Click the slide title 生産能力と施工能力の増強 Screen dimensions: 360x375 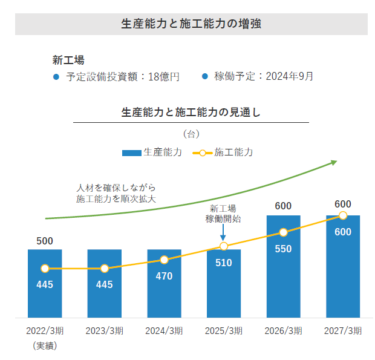pos(191,24)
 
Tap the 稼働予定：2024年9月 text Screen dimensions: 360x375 pos(264,77)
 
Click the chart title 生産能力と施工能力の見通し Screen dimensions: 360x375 pos(191,112)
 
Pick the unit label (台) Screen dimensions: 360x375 pos(191,133)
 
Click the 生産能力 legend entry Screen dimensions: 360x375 pos(152,152)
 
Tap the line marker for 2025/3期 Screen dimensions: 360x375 pos(224,246)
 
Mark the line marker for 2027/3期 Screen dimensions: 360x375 pos(343,215)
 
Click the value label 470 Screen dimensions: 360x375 pos(164,277)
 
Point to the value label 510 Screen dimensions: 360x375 pos(224,263)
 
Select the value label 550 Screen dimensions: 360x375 pos(283,249)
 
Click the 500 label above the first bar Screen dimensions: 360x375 pos(45,241)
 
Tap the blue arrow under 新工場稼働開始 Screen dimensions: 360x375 pos(224,233)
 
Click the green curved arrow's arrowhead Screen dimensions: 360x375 pos(333,162)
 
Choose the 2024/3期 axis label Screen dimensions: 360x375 pos(164,331)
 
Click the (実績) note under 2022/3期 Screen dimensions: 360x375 pos(45,345)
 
